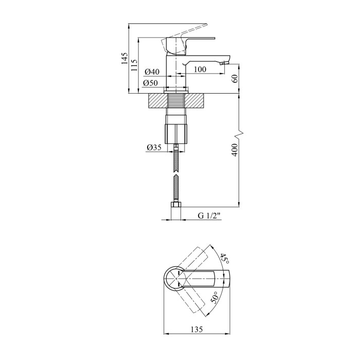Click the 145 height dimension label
(124, 58)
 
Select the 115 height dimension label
(134, 65)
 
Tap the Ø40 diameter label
(152, 72)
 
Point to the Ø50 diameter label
(151, 83)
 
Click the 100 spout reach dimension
(200, 69)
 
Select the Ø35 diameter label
(154, 147)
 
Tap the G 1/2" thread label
(209, 216)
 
